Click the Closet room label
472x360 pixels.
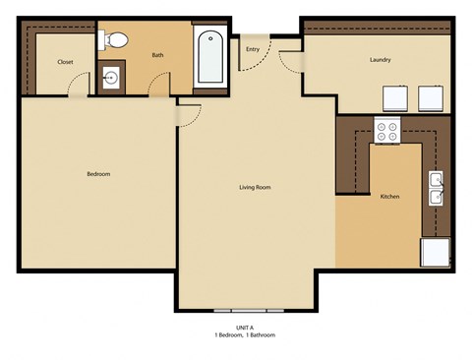point(65,61)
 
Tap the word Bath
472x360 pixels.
point(157,55)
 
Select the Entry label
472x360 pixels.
point(253,48)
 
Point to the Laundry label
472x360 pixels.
point(381,59)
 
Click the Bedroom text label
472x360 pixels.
point(98,174)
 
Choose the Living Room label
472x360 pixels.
point(255,187)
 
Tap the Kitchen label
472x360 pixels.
point(389,197)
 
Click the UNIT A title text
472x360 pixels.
point(245,327)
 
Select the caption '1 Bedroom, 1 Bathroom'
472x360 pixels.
point(245,335)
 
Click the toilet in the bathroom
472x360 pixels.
point(115,40)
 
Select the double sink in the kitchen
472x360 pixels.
point(435,188)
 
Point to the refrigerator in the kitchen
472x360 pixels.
point(434,252)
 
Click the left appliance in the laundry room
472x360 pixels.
point(395,100)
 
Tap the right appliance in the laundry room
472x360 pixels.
point(432,100)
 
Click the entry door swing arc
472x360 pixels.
point(258,61)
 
